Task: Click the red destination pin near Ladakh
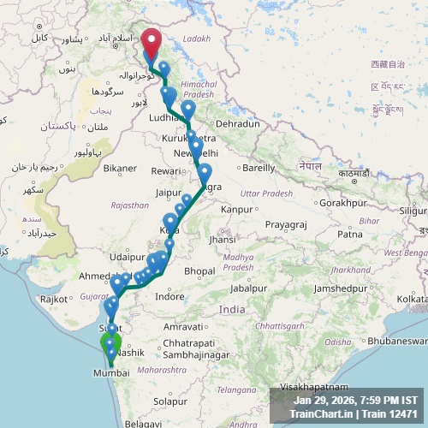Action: pos(152,43)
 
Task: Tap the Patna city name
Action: pos(350,234)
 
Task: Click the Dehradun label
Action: pos(238,124)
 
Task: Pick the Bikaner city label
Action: pos(120,168)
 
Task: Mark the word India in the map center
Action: pos(231,309)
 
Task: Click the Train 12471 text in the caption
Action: pos(389,414)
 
